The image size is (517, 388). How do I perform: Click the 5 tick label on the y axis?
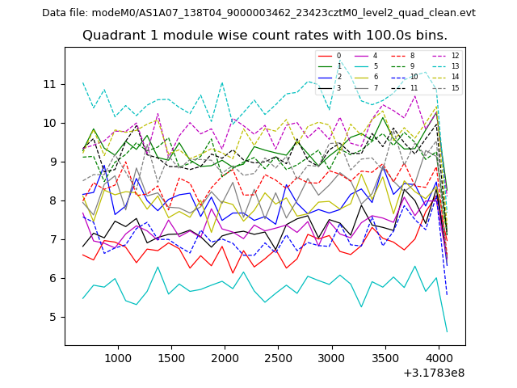point(53,317)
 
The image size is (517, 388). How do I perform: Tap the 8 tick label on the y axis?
point(53,200)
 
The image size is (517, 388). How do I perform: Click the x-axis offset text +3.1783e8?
point(433,373)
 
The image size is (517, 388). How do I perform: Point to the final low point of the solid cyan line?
point(447,331)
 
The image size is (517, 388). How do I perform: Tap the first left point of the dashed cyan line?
point(82,82)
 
